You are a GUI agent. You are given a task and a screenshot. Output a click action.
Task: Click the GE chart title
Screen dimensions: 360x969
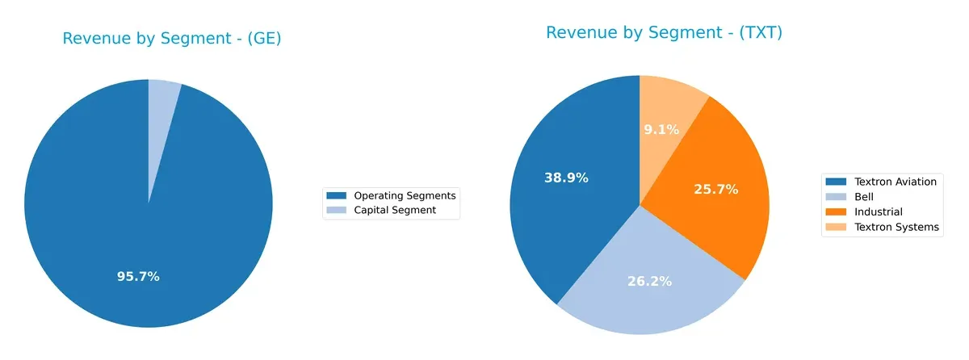(x=171, y=39)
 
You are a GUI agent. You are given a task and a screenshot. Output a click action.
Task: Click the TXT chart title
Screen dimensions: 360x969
(x=664, y=33)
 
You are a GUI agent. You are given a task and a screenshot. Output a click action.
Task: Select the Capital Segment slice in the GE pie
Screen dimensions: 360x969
(x=162, y=105)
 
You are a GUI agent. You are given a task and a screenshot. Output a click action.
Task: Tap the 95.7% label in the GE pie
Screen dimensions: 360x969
(x=138, y=276)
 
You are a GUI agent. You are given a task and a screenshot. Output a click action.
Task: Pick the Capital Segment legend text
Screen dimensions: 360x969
(x=395, y=210)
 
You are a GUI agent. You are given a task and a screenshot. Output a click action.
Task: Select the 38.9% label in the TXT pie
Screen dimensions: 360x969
(x=565, y=178)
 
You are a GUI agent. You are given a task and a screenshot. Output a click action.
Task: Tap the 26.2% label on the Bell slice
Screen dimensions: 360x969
(x=649, y=282)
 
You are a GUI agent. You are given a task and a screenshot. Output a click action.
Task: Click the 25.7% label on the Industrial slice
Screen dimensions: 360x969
(x=715, y=189)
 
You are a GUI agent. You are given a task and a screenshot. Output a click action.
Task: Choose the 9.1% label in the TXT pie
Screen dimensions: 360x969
(x=662, y=129)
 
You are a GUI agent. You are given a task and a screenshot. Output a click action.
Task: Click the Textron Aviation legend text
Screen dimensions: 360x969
(x=896, y=182)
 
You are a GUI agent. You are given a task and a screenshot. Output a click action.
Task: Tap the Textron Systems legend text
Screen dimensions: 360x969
(x=896, y=227)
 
